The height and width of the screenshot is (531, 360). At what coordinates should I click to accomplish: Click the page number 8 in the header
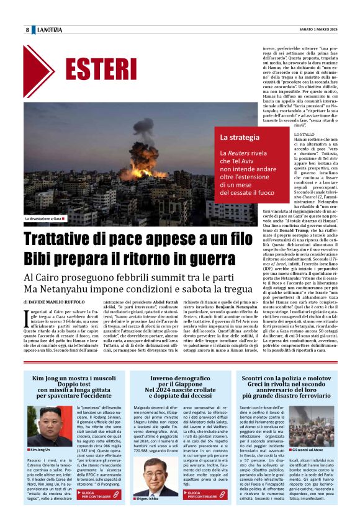[x=27, y=30]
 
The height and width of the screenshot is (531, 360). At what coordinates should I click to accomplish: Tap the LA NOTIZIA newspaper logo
[x=49, y=30]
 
